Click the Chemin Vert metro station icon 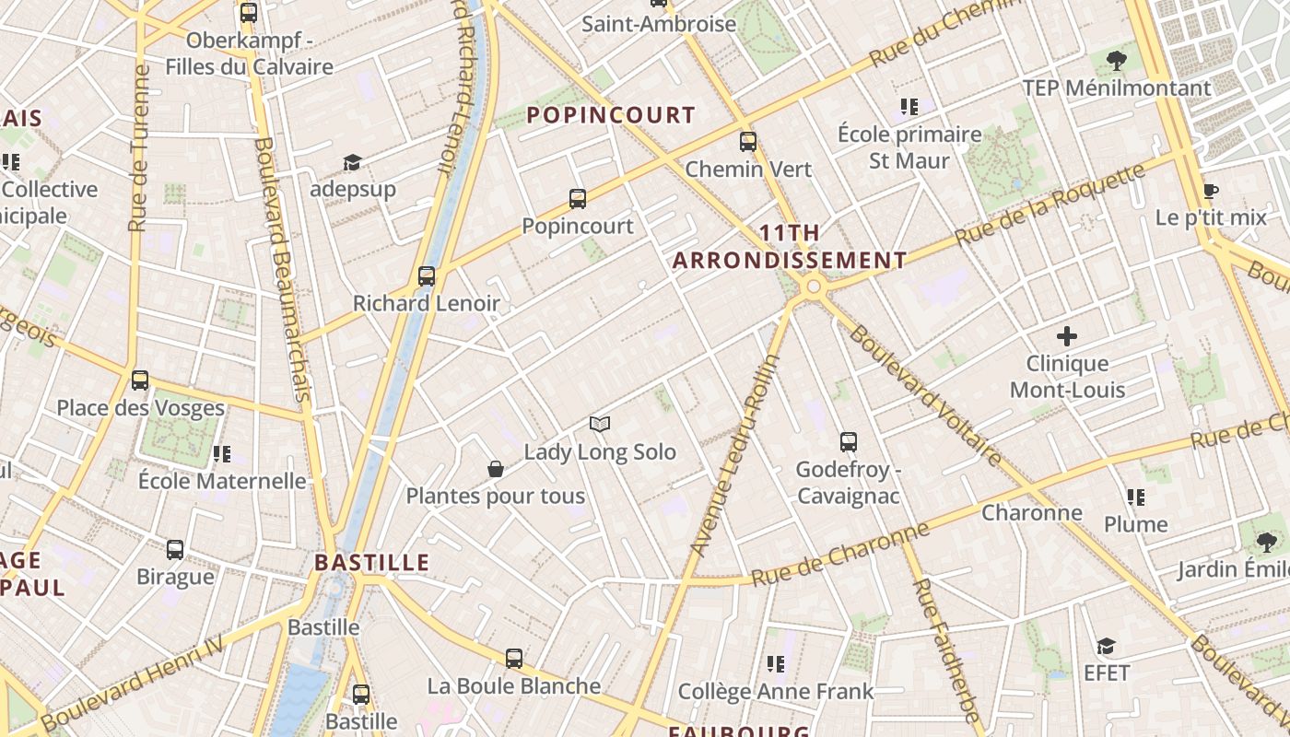748,142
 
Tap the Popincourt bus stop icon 578,198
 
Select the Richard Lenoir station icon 427,275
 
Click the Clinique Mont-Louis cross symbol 1067,336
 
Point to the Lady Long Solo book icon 600,424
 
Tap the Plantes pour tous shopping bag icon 496,469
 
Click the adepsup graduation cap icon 352,162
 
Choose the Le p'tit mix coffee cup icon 1211,191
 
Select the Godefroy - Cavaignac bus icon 849,442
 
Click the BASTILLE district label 372,562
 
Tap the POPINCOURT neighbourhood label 610,115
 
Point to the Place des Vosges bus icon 140,380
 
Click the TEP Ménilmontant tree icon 1117,61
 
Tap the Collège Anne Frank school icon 776,663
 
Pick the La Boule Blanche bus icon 514,659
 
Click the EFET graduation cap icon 1106,646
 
